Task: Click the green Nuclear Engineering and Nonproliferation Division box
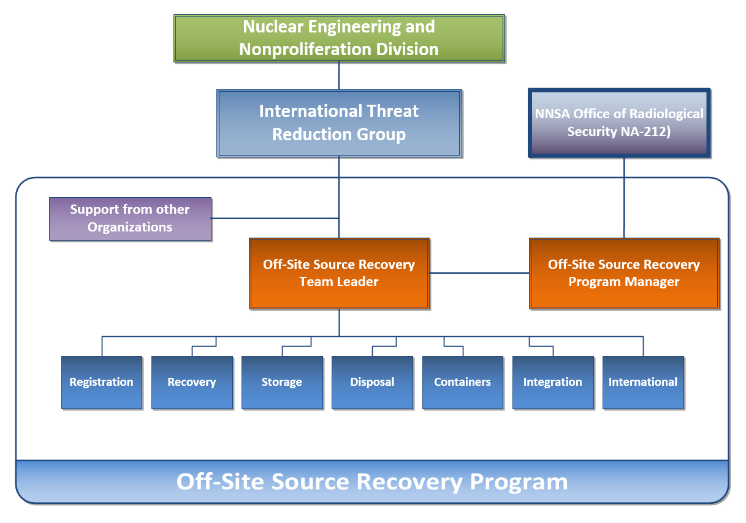tap(339, 38)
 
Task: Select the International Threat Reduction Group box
tap(339, 123)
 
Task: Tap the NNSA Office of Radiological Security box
tap(619, 122)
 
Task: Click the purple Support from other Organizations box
tap(130, 219)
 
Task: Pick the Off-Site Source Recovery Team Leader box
tap(339, 273)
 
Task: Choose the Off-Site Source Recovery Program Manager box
tap(624, 273)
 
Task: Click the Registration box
tap(102, 382)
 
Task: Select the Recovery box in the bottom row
tap(192, 382)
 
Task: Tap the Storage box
tap(282, 382)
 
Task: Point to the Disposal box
tap(372, 382)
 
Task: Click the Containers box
tap(463, 382)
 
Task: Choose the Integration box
tap(553, 382)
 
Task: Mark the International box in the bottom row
tap(643, 382)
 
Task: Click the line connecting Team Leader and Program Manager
tap(479, 273)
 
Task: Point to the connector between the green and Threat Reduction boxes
tap(339, 75)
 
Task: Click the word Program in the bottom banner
tap(519, 482)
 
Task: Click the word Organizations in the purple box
tap(130, 227)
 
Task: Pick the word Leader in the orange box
tap(359, 282)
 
